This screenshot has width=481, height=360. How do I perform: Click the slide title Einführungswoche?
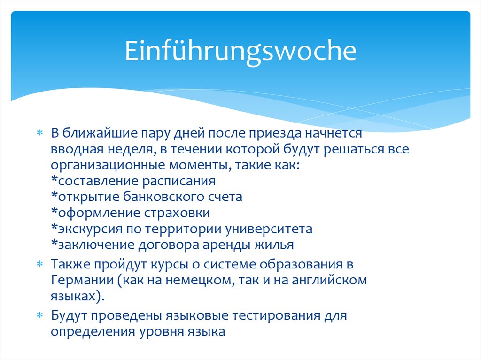pos(240,52)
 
